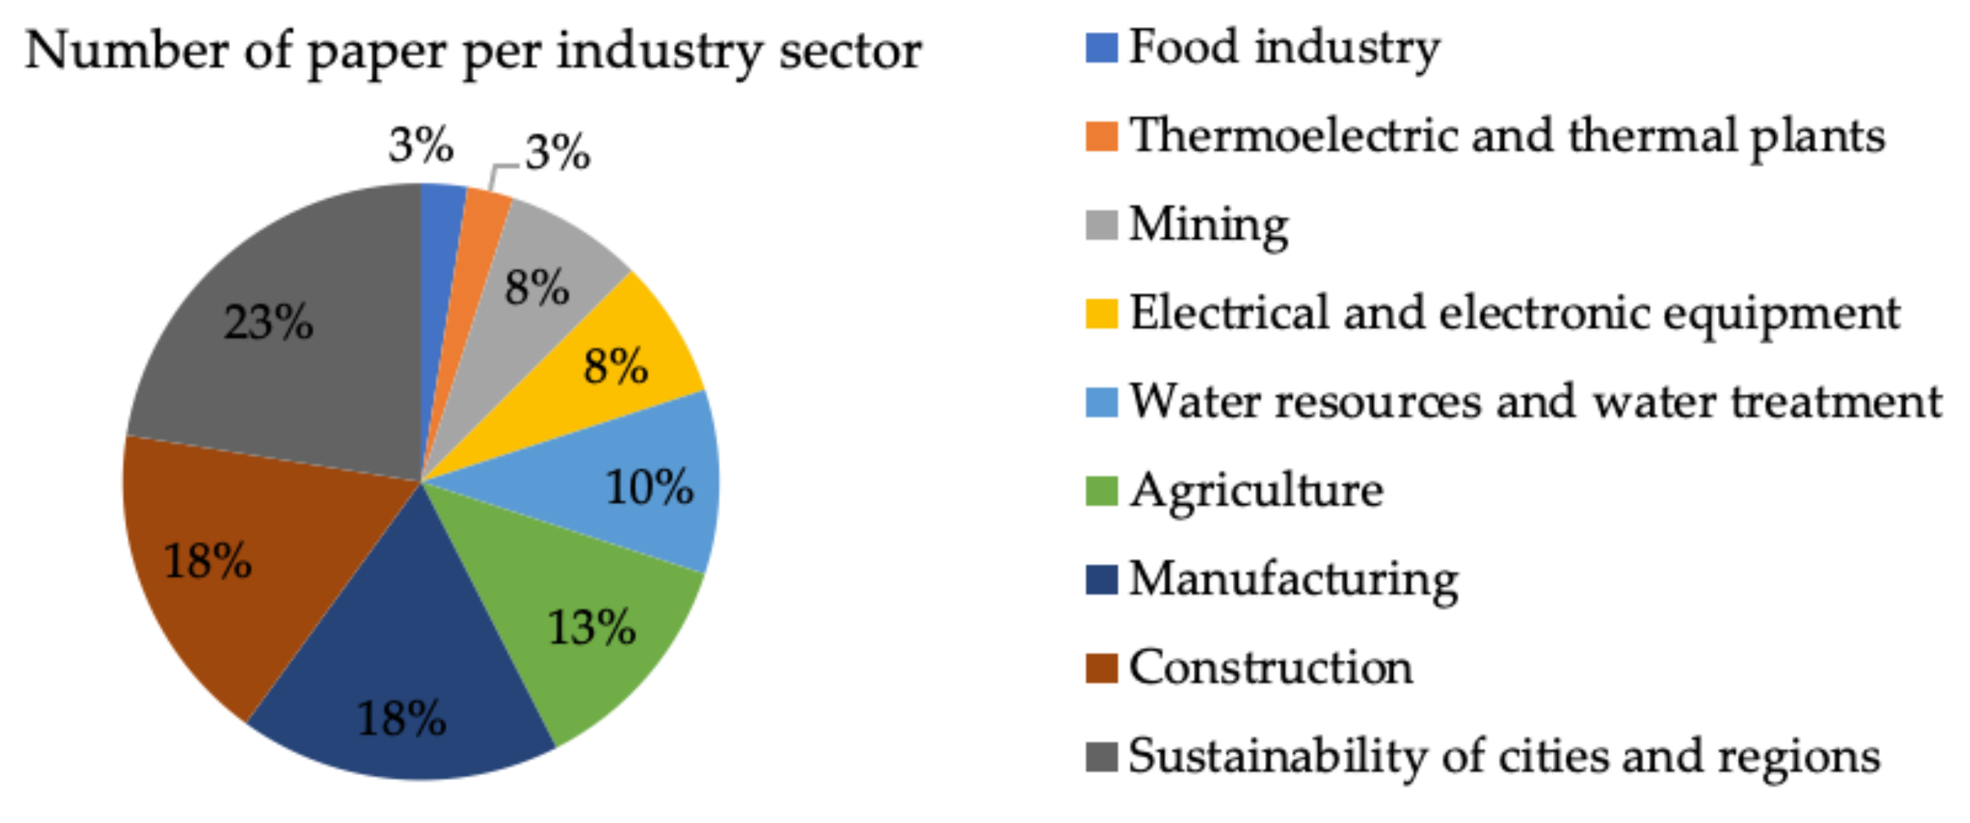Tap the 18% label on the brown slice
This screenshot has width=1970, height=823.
(x=207, y=560)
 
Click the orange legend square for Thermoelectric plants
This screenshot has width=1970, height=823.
(x=1101, y=136)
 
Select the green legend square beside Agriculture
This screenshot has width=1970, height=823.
(x=1101, y=490)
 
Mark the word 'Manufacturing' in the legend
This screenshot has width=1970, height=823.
(x=1293, y=580)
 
